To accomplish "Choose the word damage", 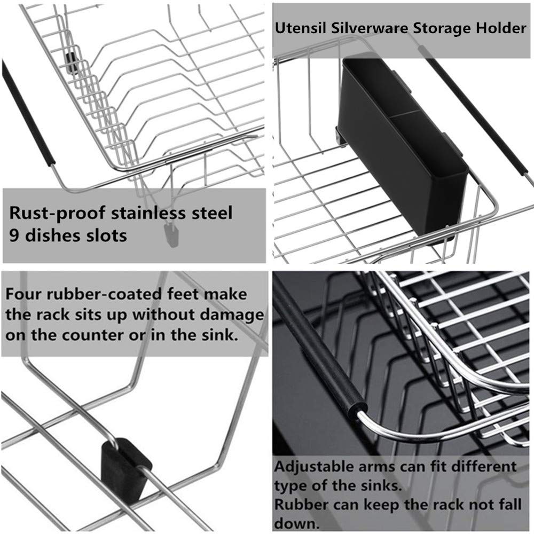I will coord(233,315).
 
